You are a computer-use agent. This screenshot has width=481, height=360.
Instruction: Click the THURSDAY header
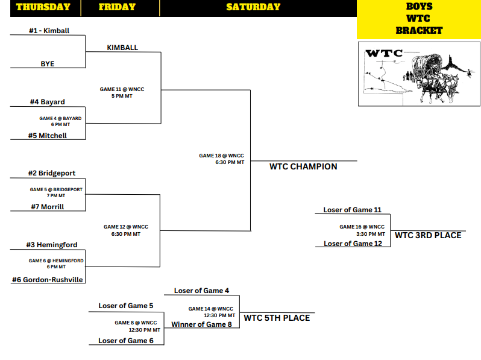pos(43,7)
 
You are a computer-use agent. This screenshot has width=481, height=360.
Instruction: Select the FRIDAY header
pos(117,7)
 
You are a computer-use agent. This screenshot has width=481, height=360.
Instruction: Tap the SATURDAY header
pos(253,7)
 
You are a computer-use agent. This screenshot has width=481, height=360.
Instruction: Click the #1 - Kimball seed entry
pos(49,30)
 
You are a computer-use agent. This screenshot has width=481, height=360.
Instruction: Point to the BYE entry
pos(48,63)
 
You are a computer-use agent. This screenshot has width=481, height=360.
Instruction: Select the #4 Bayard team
pos(48,102)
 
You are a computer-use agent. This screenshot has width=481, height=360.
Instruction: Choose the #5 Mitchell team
pos(48,136)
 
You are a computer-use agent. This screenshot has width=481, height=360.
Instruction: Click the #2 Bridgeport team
pos(51,173)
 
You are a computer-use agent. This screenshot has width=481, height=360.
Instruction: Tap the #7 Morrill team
pos(48,207)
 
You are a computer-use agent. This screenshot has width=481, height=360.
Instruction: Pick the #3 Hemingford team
pos(51,245)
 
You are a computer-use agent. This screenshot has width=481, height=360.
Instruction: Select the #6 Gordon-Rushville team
pos(48,280)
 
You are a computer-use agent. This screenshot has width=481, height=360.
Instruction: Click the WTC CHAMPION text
pos(303,166)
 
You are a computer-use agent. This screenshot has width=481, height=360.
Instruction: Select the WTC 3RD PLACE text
pos(428,235)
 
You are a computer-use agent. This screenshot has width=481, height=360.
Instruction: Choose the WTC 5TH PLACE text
pos(277,318)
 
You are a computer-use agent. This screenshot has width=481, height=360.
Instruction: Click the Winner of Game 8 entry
pos(201,324)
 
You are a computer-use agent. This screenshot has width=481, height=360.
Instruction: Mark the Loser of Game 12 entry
pos(353,244)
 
